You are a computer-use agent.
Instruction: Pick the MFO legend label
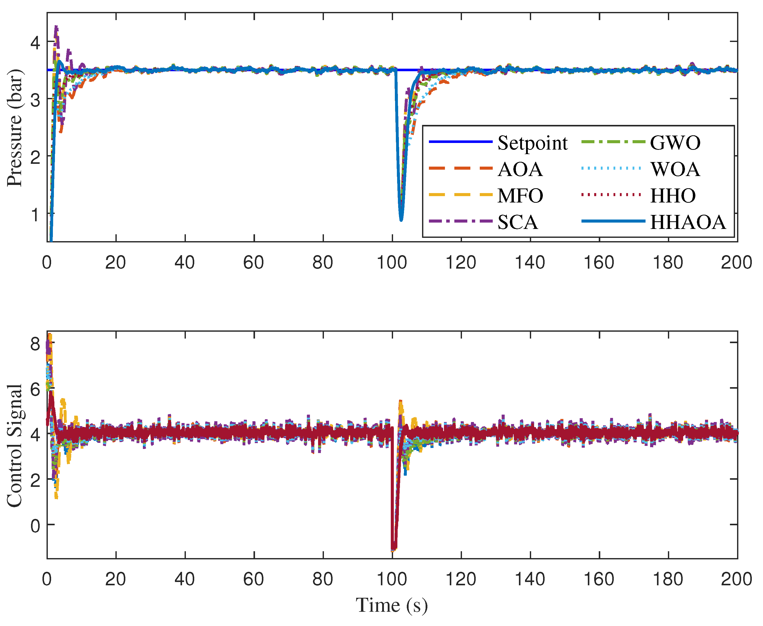[x=520, y=196]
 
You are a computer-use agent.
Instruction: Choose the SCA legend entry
[x=518, y=222]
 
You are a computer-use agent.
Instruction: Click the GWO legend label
[x=675, y=143]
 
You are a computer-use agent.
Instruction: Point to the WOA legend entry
[x=675, y=169]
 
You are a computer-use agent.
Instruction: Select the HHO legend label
[x=672, y=196]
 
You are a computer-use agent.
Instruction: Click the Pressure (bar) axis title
[x=15, y=128]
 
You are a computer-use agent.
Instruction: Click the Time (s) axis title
[x=392, y=605]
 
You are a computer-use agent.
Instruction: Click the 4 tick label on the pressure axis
[x=35, y=42]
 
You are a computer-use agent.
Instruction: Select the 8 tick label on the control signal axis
[x=35, y=344]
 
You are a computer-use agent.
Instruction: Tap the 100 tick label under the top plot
[x=392, y=263]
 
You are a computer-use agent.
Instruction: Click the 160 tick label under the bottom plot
[x=599, y=579]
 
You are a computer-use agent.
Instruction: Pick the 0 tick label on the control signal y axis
[x=35, y=526]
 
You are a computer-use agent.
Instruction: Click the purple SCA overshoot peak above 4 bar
[x=56, y=27]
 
